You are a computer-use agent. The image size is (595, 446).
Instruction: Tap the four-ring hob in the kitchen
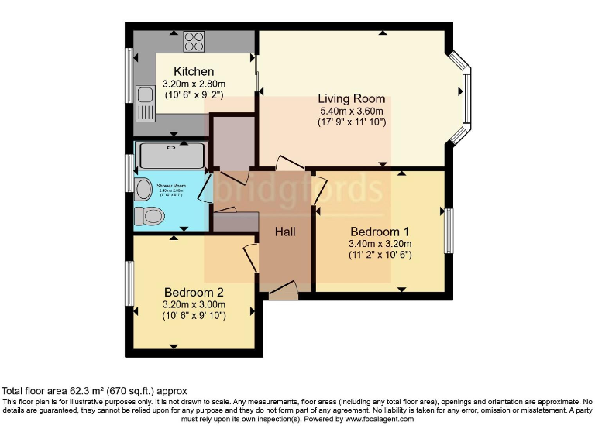(194, 41)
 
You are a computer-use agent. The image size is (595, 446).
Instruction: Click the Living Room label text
(351, 99)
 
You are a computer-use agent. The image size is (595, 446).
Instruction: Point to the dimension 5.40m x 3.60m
(352, 111)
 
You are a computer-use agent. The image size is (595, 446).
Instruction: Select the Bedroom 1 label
(380, 232)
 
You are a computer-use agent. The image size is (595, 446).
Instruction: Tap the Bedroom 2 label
(194, 292)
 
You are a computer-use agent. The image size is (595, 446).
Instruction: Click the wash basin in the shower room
(143, 189)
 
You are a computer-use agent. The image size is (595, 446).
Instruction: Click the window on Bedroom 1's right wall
(449, 231)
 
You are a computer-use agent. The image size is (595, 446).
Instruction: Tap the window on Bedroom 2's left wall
(129, 283)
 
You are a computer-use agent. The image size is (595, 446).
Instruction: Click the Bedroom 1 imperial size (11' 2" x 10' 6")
(380, 254)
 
